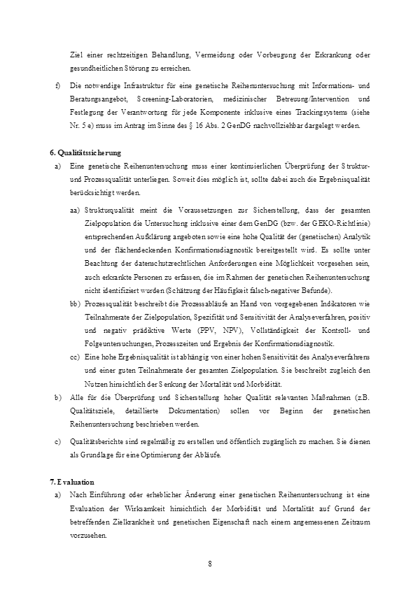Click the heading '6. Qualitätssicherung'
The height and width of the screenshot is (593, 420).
tap(85, 152)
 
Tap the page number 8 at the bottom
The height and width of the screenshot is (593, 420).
tap(210, 563)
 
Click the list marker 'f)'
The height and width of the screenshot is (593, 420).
tap(57, 85)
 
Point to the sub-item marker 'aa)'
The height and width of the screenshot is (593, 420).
tap(75, 210)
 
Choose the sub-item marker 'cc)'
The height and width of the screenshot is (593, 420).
tap(75, 357)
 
